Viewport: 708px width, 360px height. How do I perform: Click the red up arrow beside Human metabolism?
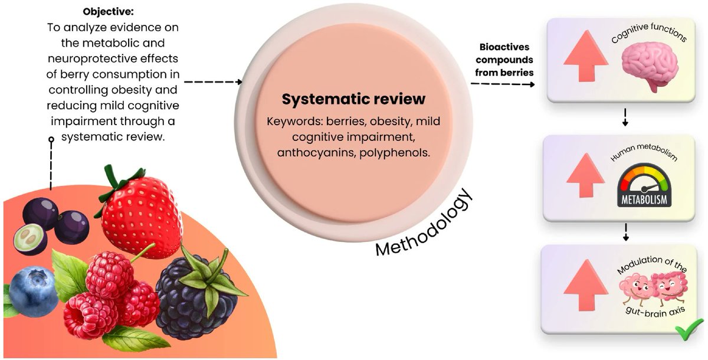click(x=585, y=177)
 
